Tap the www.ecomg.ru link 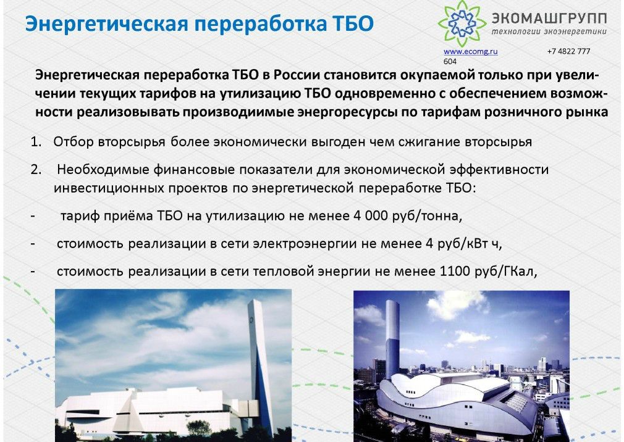(x=470, y=51)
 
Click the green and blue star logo (x=462, y=23)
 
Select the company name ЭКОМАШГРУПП (x=549, y=19)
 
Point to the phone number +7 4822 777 (x=568, y=51)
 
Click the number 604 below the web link (x=450, y=62)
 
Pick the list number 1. (x=36, y=142)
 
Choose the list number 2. (x=36, y=170)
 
